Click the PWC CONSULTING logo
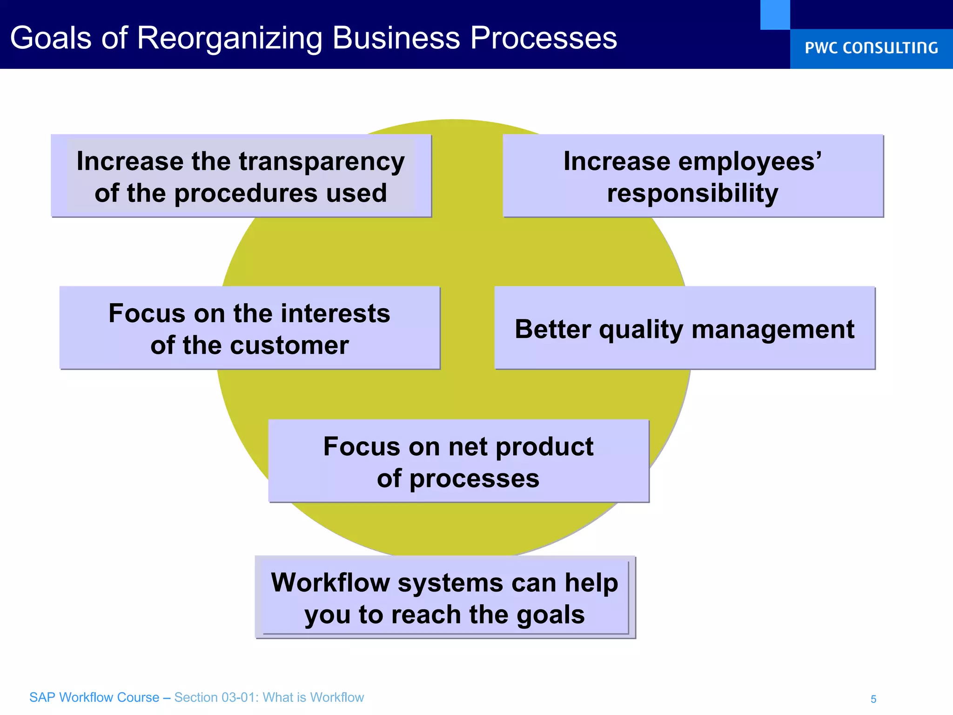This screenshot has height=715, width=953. point(871,48)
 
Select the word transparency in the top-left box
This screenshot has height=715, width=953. point(322,162)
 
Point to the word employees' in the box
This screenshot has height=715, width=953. point(750,162)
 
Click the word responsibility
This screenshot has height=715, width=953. point(692,194)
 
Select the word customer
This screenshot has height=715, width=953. point(289,345)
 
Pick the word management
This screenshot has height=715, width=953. point(772,330)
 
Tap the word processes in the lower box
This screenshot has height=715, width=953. point(474,479)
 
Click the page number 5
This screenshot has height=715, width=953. point(873,699)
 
